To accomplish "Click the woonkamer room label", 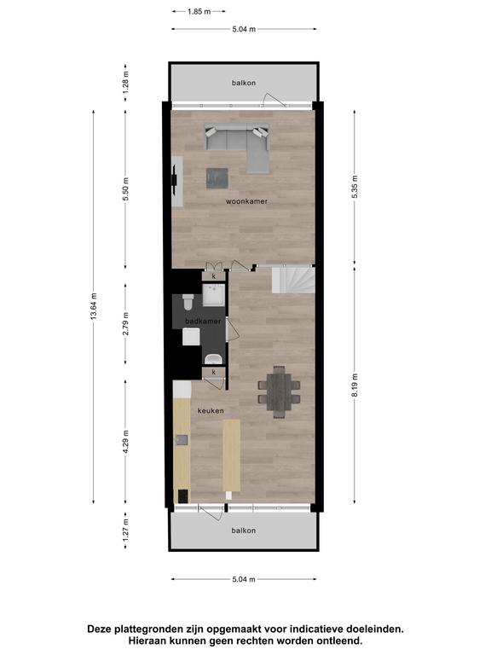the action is click(x=246, y=201).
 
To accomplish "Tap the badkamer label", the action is click(x=204, y=322).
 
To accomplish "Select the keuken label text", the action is click(x=211, y=411).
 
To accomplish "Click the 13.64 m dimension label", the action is click(x=94, y=307).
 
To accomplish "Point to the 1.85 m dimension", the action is click(x=199, y=12).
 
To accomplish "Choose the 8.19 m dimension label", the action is click(x=355, y=385).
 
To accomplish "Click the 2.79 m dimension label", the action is click(x=125, y=324).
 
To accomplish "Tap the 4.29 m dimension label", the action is click(x=125, y=442).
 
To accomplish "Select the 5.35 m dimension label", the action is click(x=355, y=187).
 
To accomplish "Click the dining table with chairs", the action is click(x=279, y=391).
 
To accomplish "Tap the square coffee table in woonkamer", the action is click(x=217, y=178).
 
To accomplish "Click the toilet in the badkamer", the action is click(x=188, y=302).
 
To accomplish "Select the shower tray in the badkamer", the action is click(x=214, y=295).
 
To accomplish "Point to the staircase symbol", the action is click(x=293, y=280).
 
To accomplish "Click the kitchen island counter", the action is click(x=232, y=455).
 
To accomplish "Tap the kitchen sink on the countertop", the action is click(x=182, y=440).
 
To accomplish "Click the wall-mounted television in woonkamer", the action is click(x=175, y=181).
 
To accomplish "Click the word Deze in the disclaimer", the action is click(x=101, y=629).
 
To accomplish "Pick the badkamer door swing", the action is click(x=232, y=329).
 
